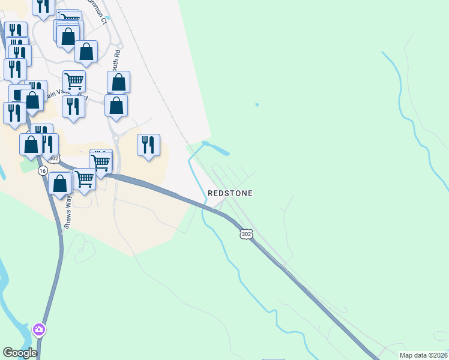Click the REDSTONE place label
point(230,193)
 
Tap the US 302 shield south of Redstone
point(246,233)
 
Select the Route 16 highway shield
point(42,171)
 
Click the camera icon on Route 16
point(40,329)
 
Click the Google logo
point(20,353)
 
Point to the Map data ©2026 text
point(423,355)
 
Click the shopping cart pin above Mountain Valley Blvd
point(74,80)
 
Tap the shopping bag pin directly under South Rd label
point(119,83)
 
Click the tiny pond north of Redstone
point(257,105)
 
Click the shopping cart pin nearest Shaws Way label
point(85,179)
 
